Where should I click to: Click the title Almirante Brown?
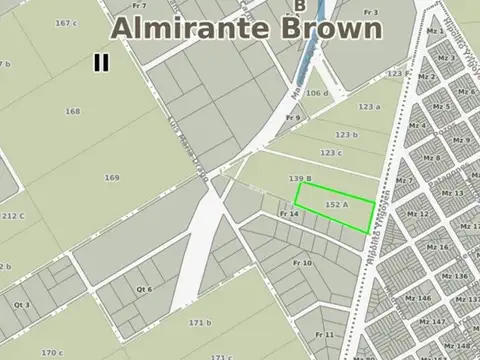tap(246, 28)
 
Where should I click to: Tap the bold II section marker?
tap(101, 62)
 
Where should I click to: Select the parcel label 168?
tap(72, 112)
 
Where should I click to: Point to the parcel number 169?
tap(112, 177)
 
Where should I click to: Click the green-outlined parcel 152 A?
tap(336, 205)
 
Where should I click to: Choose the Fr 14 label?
tap(290, 214)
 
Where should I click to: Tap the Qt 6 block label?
tap(145, 288)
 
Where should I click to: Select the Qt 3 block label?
tap(22, 304)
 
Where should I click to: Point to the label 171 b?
tap(200, 322)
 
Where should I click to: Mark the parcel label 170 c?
tap(52, 352)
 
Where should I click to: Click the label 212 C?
tap(13, 215)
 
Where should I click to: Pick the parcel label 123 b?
tap(346, 134)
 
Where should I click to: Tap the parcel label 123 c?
tap(331, 152)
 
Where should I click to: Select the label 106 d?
tap(318, 93)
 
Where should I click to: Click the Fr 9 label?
tap(293, 118)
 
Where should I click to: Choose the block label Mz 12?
tap(419, 214)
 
